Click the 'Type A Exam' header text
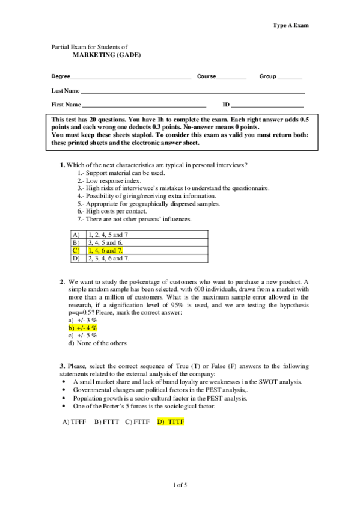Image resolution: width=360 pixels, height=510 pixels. coord(291,26)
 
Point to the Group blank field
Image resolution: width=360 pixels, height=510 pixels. coord(289,78)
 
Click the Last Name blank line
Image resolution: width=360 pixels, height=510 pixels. coord(192,91)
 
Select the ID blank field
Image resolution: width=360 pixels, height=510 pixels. coord(267,105)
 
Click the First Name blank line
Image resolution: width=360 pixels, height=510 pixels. coord(144,105)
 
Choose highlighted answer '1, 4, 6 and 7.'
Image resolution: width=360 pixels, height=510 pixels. coord(106,250)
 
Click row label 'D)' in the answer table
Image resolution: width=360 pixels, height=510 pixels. coord(76,259)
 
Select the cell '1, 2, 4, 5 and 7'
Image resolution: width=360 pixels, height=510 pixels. coord(108,235)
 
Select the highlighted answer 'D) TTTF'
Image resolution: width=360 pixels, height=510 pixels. coord(170,422)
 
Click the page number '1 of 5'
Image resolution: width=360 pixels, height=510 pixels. coord(180,485)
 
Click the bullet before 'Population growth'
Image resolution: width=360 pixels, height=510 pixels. coord(64,399)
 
